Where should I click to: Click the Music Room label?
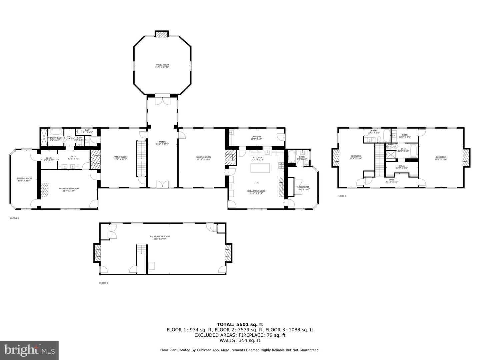pos(162,66)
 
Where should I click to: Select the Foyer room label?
pos(162,143)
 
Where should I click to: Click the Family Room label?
pos(120,158)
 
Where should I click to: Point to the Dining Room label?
pos(203,158)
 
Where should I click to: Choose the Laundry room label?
pos(256,138)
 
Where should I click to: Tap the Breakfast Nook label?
pos(256,192)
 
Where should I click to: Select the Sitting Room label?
pos(24,179)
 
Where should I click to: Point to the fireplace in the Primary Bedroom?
pos(45,188)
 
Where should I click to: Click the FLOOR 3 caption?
pos(342,196)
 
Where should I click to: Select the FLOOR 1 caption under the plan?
pos(103,283)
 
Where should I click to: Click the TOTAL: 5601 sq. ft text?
pos(240,324)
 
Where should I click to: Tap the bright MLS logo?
pos(29,350)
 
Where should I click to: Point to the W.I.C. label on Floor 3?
pos(402,167)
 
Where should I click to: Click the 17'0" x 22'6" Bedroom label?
pos(441,158)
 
